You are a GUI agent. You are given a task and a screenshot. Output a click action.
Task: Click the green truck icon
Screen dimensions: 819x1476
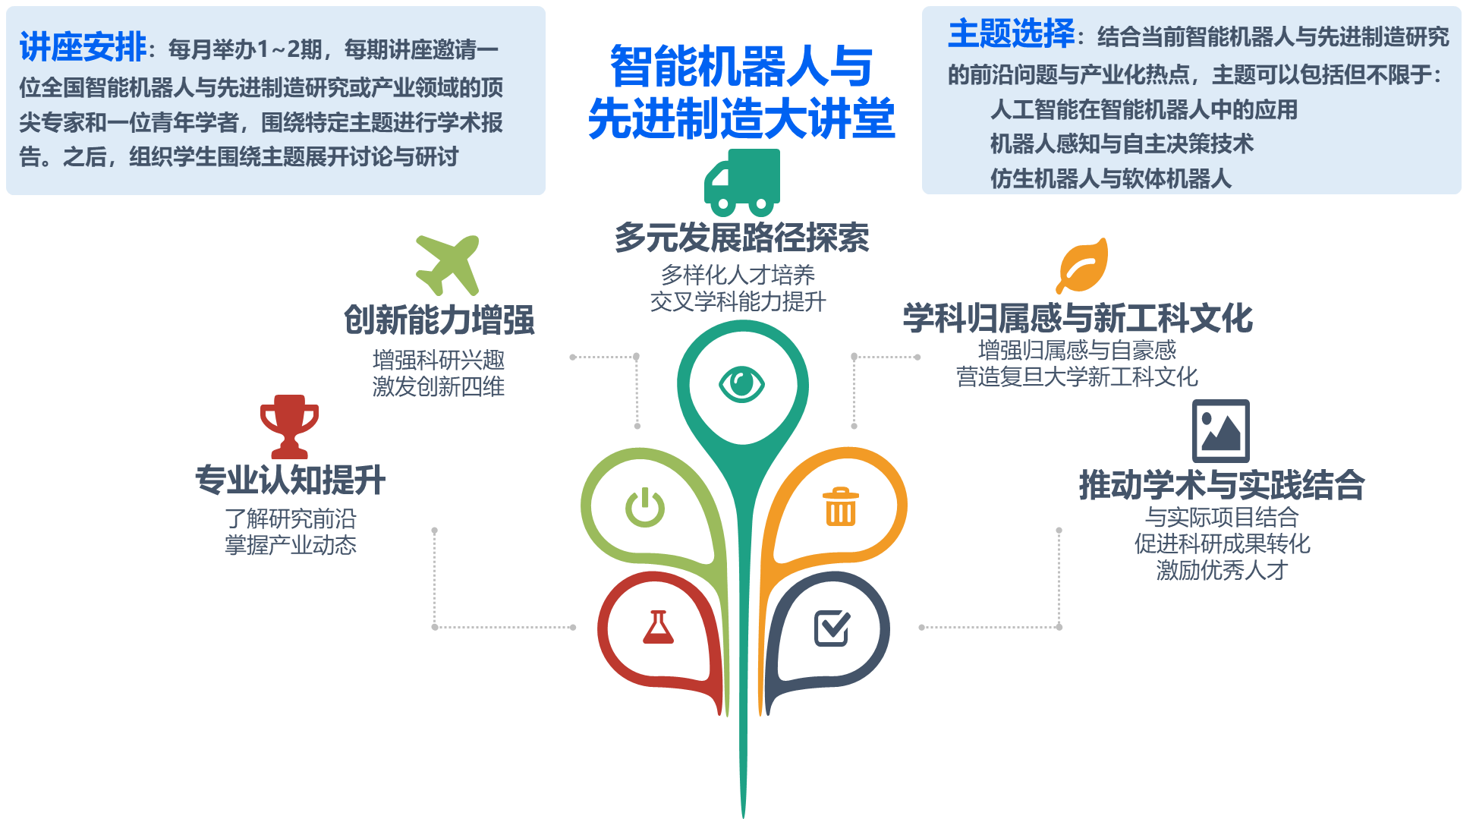[x=741, y=182]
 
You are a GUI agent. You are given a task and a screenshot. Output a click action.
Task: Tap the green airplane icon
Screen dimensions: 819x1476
[x=448, y=264]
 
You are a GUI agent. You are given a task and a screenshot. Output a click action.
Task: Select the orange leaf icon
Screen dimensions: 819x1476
[x=1082, y=266]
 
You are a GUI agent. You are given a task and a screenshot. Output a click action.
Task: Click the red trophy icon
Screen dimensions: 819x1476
[x=288, y=425]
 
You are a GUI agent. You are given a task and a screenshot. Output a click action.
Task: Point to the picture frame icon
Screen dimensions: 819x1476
[x=1220, y=431]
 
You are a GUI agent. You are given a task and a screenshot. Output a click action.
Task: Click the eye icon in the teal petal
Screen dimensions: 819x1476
[x=741, y=384]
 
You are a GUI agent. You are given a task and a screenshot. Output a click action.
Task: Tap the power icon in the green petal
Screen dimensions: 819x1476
[x=645, y=508]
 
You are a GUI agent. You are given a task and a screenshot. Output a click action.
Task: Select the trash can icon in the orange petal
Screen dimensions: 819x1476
[x=841, y=507]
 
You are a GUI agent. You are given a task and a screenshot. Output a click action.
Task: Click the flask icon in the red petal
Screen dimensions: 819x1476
[x=658, y=628]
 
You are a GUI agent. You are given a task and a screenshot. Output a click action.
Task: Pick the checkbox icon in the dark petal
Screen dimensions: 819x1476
[x=832, y=628]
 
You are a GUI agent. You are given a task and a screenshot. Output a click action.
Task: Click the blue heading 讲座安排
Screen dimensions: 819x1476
[x=83, y=47]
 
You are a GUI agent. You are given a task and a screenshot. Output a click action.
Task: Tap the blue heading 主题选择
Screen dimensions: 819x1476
[x=1011, y=33]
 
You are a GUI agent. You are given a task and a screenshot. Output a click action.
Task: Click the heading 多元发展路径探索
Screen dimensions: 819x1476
[x=741, y=238]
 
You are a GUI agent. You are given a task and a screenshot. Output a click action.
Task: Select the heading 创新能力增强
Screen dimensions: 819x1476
[x=439, y=320]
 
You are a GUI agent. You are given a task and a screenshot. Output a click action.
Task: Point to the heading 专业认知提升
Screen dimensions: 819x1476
[x=290, y=480]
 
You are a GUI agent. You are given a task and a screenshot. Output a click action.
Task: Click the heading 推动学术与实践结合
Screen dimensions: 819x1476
[x=1222, y=485]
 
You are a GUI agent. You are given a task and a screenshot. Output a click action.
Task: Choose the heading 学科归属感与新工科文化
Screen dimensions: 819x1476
[x=1077, y=318]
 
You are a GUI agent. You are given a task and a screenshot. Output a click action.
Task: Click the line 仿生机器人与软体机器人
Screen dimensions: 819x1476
[x=1110, y=178]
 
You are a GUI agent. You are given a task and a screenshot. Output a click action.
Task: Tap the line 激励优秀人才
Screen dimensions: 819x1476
[x=1222, y=570]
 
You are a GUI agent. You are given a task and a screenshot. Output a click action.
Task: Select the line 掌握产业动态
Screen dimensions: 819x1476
[x=290, y=545]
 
